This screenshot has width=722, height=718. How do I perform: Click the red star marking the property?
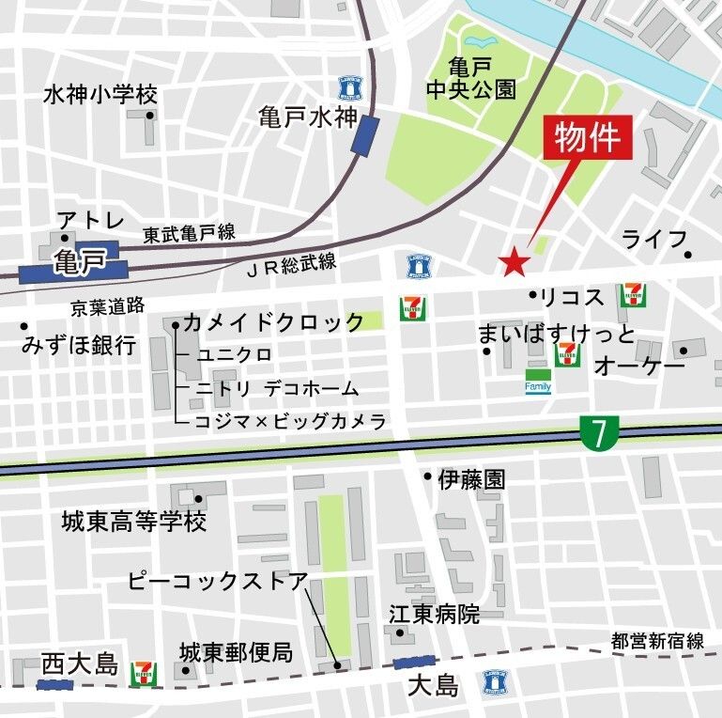(x=514, y=263)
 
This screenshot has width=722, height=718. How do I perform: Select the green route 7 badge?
(x=598, y=431)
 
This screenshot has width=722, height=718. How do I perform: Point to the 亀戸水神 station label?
(x=309, y=117)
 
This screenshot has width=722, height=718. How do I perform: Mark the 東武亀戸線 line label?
(x=189, y=233)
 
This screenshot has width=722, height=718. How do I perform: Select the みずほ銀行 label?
(x=79, y=345)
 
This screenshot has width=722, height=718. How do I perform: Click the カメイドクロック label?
(x=273, y=322)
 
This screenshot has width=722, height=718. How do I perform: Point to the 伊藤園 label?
(x=471, y=479)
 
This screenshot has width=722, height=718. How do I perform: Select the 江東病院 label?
(x=435, y=615)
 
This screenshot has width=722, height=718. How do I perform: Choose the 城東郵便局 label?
(x=236, y=650)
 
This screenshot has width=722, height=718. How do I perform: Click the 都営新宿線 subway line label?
(x=657, y=641)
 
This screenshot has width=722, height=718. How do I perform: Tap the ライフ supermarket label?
(x=654, y=240)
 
